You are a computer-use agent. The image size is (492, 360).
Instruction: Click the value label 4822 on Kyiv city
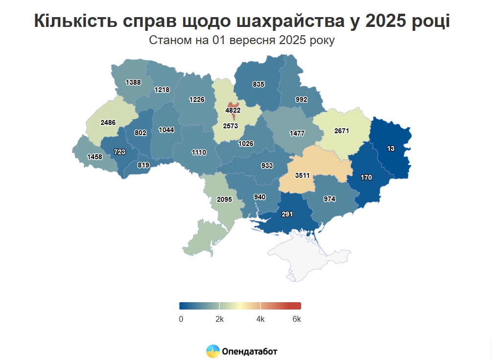tap(233, 110)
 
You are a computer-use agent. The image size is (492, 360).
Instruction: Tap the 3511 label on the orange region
tap(302, 175)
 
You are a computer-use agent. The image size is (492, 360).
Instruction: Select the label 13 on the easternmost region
tap(391, 148)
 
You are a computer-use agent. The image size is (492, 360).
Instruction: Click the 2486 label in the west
tap(108, 122)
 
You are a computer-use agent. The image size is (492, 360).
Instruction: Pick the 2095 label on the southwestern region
tap(224, 199)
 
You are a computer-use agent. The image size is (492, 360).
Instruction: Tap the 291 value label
tap(287, 214)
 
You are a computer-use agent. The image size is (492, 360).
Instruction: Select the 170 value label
tap(366, 177)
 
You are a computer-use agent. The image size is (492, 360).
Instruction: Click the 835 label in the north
tap(258, 84)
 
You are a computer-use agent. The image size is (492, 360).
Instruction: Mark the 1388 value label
tap(133, 82)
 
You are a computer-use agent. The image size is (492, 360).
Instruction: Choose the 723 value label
tap(119, 152)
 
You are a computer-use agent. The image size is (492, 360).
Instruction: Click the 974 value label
tap(329, 199)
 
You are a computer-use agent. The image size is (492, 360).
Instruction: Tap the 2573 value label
tap(230, 126)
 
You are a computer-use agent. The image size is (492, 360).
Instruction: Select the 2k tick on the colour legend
tap(219, 319)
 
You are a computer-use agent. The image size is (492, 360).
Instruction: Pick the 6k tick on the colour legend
tap(297, 319)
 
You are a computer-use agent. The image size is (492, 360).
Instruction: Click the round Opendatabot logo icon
tap(212, 351)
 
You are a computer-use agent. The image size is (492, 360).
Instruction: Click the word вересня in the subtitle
tap(253, 40)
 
